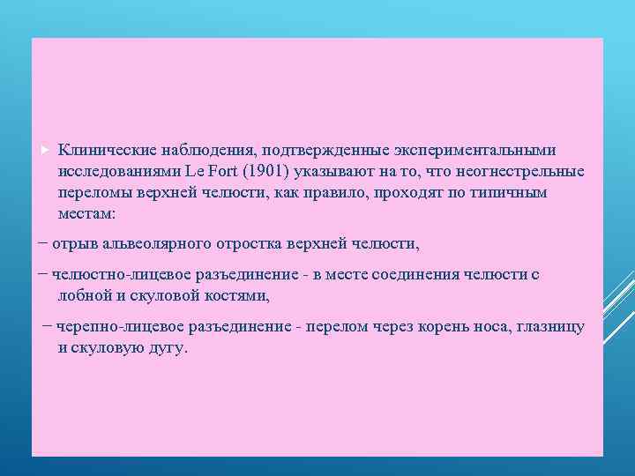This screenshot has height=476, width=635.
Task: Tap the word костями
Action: click(240, 296)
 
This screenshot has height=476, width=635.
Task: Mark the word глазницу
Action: click(547, 327)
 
